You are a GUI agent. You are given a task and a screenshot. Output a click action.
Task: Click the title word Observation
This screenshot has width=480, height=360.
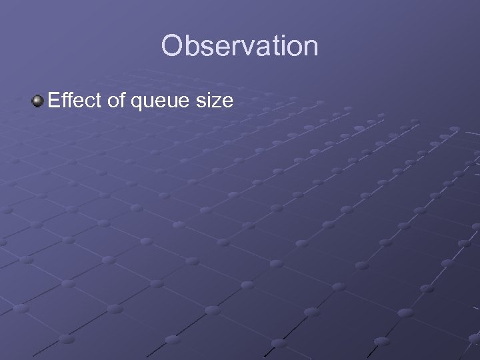[239, 46]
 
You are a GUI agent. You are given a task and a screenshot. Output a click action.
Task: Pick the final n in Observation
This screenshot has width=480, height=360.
[309, 48]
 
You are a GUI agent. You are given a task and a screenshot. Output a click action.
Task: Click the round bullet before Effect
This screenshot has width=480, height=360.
[37, 101]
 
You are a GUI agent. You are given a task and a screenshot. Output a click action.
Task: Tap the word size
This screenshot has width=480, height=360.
[216, 101]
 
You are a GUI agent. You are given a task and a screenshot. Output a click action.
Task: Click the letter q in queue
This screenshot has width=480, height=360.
[137, 103]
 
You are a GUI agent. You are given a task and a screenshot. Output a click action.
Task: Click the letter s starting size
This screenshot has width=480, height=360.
[204, 103]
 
